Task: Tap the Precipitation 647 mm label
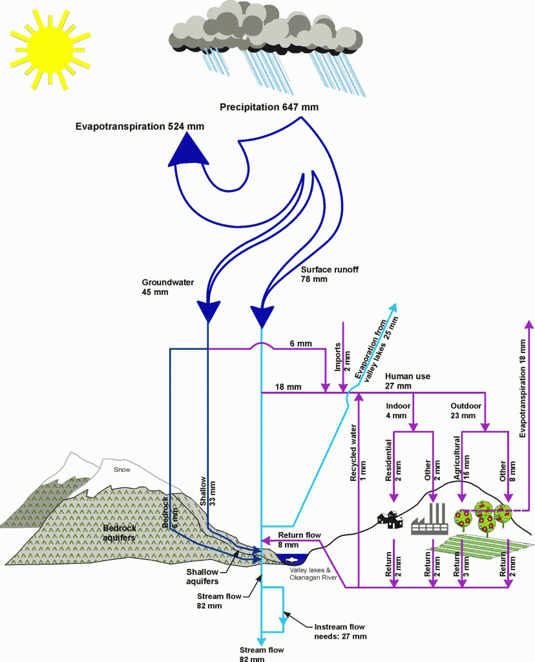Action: click(x=269, y=107)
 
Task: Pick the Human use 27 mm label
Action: click(x=407, y=381)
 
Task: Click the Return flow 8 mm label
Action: click(x=299, y=540)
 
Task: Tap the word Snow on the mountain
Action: click(x=121, y=469)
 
